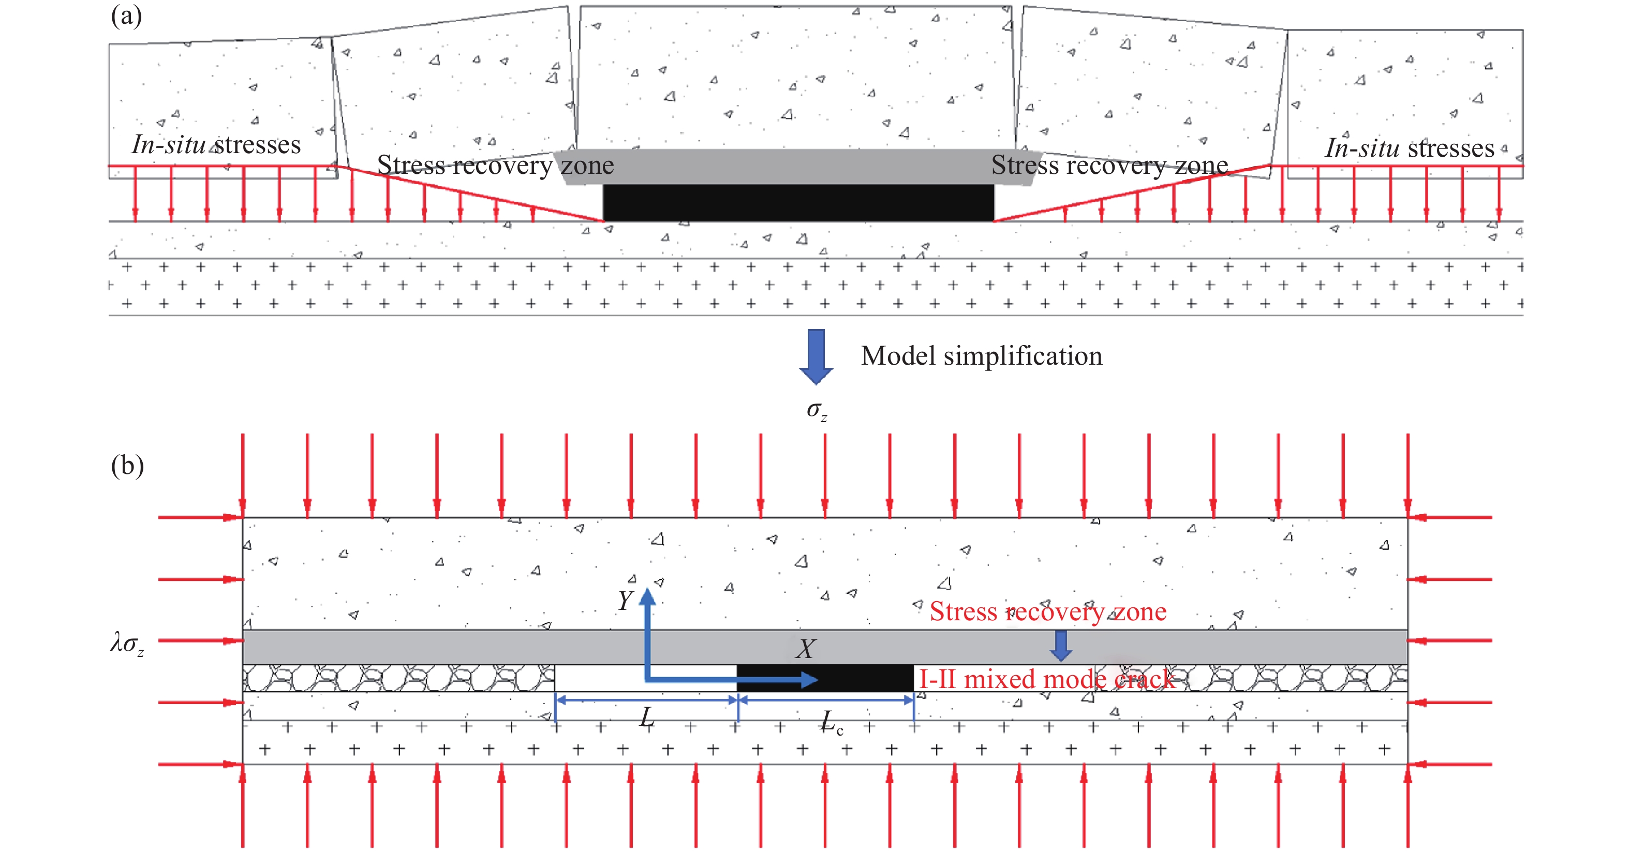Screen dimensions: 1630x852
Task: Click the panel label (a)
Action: pos(127,15)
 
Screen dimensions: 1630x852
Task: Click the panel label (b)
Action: pos(127,466)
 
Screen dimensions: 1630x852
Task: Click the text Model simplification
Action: pos(982,356)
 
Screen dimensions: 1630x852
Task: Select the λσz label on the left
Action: pos(127,644)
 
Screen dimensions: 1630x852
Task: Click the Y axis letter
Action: pos(625,600)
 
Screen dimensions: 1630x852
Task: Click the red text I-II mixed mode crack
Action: pos(1047,679)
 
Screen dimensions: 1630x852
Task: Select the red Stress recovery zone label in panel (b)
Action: pos(1048,611)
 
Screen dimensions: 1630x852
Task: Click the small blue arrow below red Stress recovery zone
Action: pos(1061,646)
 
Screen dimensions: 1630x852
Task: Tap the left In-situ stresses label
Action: pos(216,145)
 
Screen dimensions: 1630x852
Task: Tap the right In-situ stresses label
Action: pos(1410,148)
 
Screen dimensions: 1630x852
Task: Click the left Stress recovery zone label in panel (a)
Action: pos(495,165)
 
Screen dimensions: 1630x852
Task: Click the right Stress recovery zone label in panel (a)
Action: pos(1110,165)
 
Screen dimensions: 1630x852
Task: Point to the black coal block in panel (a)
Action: pos(798,203)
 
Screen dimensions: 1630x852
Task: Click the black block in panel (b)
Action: pos(826,678)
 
